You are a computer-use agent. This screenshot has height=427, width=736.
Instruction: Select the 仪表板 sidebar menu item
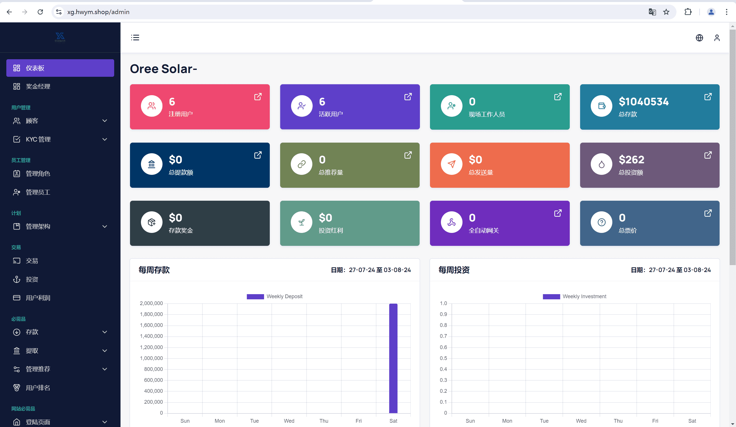point(60,68)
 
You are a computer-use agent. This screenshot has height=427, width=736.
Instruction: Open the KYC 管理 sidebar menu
point(60,139)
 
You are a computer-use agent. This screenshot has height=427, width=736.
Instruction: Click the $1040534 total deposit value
point(643,102)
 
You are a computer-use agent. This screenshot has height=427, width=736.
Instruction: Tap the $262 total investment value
point(631,160)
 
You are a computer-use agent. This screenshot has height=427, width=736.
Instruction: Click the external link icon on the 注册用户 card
point(258,97)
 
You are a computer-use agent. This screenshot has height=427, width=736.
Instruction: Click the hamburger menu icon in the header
point(135,38)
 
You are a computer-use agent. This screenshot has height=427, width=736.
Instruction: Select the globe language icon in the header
point(699,38)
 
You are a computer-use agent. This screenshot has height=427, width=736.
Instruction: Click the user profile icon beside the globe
point(717,38)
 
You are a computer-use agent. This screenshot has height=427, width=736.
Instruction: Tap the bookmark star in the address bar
point(666,12)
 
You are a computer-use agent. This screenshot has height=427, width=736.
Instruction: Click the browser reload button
point(40,12)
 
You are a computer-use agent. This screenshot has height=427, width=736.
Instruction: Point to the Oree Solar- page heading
point(163,69)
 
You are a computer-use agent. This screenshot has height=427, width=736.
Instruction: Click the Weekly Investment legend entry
point(574,296)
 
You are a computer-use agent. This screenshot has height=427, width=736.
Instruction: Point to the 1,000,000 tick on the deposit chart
point(151,358)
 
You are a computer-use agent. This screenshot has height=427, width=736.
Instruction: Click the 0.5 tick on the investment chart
point(443,358)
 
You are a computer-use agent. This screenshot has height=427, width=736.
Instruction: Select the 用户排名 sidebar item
point(38,388)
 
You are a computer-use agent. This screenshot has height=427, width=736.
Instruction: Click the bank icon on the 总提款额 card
point(152,164)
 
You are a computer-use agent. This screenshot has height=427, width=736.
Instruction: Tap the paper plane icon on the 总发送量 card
point(451,164)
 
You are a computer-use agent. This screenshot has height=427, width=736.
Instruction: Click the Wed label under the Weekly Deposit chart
point(289,421)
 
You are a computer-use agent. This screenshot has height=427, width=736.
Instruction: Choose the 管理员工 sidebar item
point(38,192)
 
